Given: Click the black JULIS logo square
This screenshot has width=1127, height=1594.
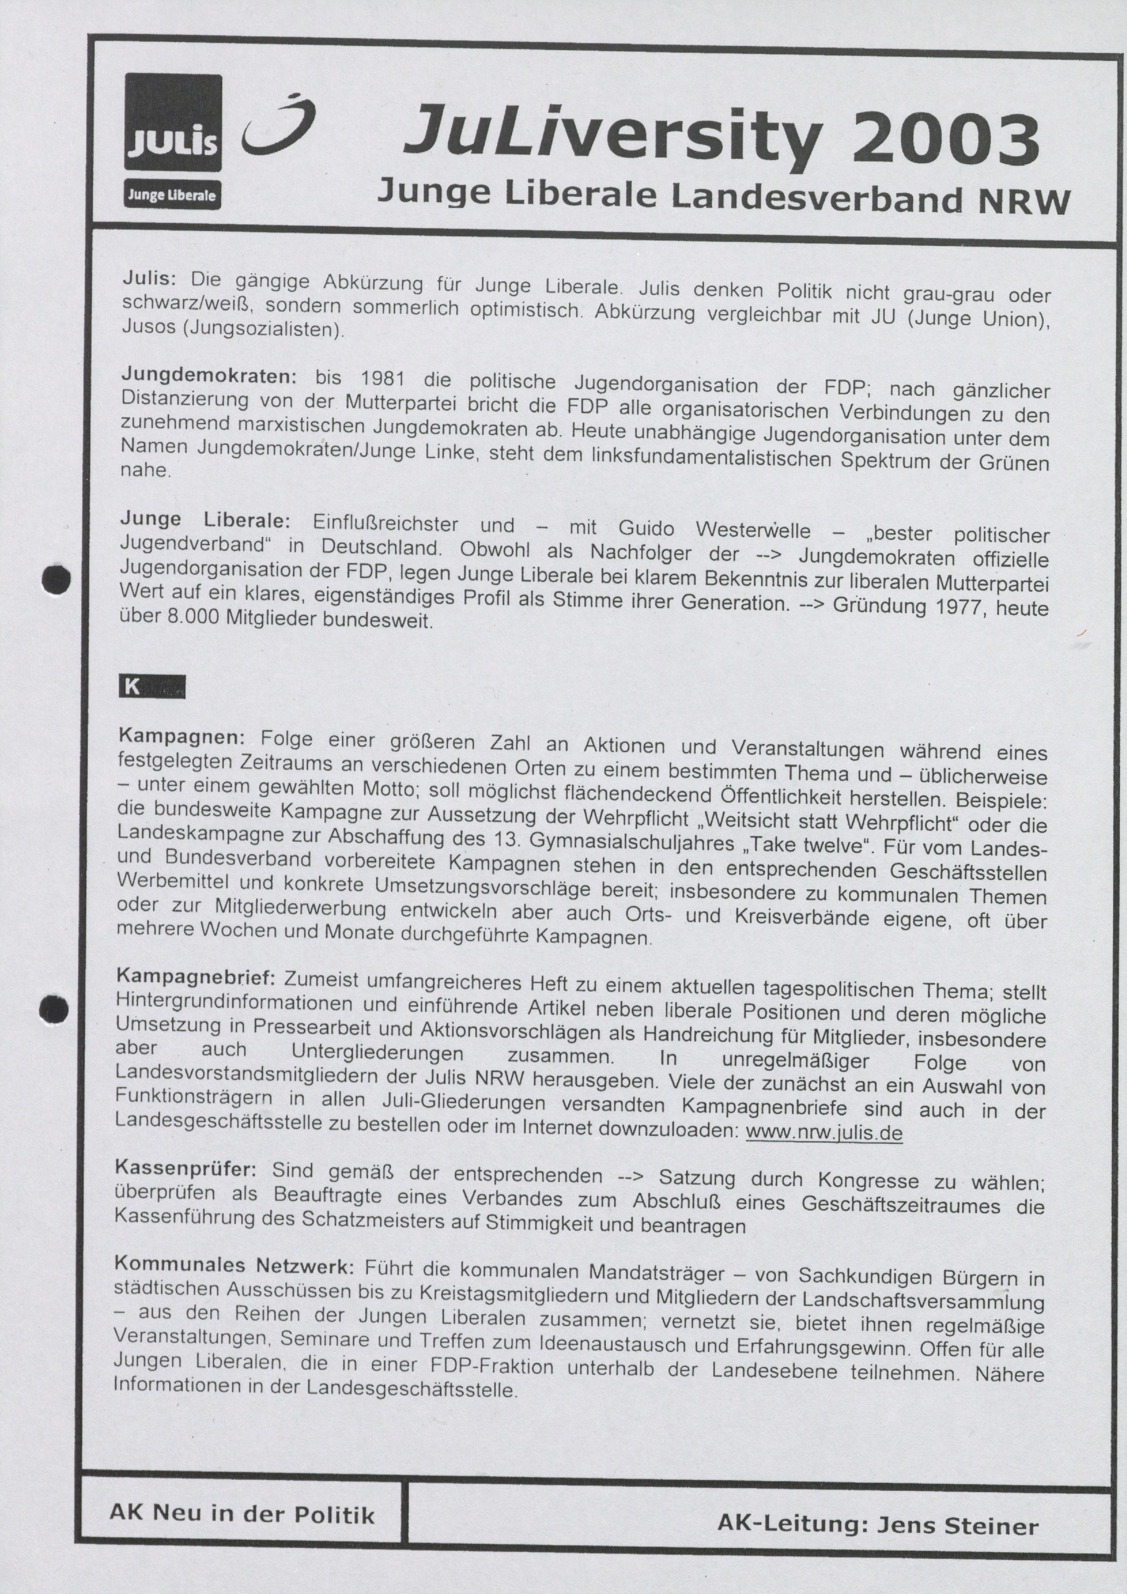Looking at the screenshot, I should pos(173,122).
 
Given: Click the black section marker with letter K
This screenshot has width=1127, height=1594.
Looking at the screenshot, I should pos(151,687).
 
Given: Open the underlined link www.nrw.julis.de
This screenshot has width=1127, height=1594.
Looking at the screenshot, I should pos(823,1133).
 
